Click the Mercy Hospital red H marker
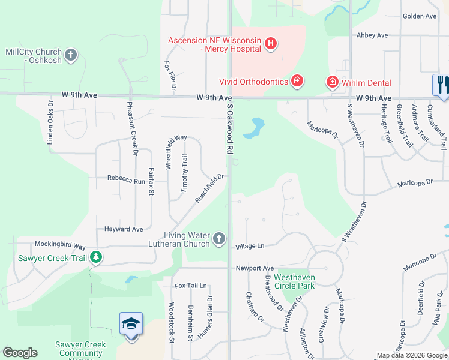click(271, 43)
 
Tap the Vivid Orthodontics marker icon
click(297, 81)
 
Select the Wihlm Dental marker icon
click(331, 81)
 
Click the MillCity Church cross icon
click(71, 56)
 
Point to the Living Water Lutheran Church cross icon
click(219, 239)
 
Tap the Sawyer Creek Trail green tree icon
click(95, 258)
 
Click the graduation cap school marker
click(131, 325)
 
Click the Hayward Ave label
click(124, 229)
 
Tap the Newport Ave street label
click(255, 268)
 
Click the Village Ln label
click(250, 246)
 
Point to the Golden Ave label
click(420, 16)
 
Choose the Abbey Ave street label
click(372, 35)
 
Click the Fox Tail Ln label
click(190, 286)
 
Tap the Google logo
click(20, 352)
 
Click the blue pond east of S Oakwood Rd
click(258, 126)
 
